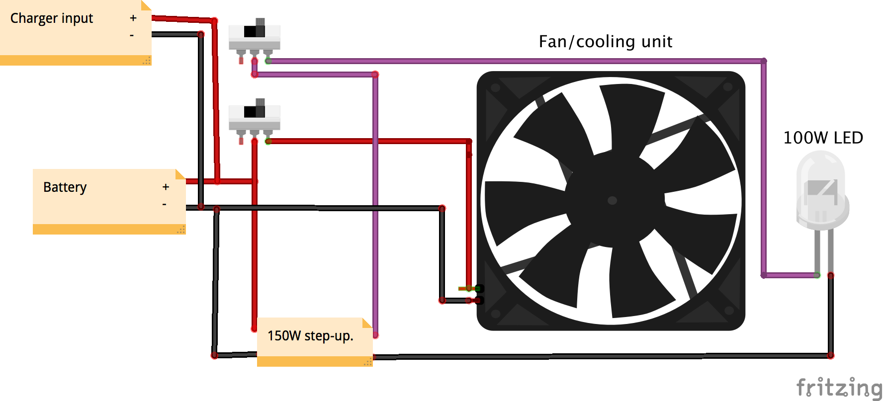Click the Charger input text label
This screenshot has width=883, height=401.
click(52, 18)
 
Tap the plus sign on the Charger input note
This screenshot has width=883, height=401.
click(133, 18)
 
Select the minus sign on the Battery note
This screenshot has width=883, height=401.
click(164, 204)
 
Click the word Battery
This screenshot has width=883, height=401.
click(65, 187)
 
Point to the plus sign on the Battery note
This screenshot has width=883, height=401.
click(166, 187)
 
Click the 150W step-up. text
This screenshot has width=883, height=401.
click(310, 336)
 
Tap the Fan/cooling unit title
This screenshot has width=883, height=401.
click(605, 42)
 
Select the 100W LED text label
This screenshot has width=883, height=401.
click(823, 138)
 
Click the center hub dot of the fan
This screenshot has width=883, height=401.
click(613, 200)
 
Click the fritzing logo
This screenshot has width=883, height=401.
click(838, 388)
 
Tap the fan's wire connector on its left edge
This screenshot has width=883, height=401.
click(478, 294)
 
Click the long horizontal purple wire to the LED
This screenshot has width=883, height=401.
click(497, 61)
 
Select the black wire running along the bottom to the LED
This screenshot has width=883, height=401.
click(597, 356)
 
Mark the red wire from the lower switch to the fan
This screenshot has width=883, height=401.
click(368, 141)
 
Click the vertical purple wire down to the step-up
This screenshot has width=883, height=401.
click(375, 209)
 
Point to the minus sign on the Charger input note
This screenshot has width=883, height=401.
click(132, 35)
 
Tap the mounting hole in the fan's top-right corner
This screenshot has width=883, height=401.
click(728, 87)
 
